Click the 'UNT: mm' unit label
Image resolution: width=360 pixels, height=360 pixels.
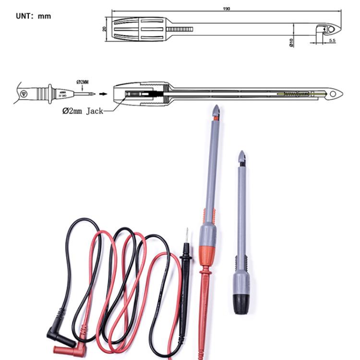point(33,16)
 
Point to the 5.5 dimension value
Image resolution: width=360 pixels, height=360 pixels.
point(332,41)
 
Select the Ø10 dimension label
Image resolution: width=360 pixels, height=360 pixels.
point(291,43)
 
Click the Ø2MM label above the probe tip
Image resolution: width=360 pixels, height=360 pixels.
point(83,82)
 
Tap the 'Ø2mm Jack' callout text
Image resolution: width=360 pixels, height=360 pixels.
point(83,111)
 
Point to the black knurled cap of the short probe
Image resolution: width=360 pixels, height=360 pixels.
point(240,302)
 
